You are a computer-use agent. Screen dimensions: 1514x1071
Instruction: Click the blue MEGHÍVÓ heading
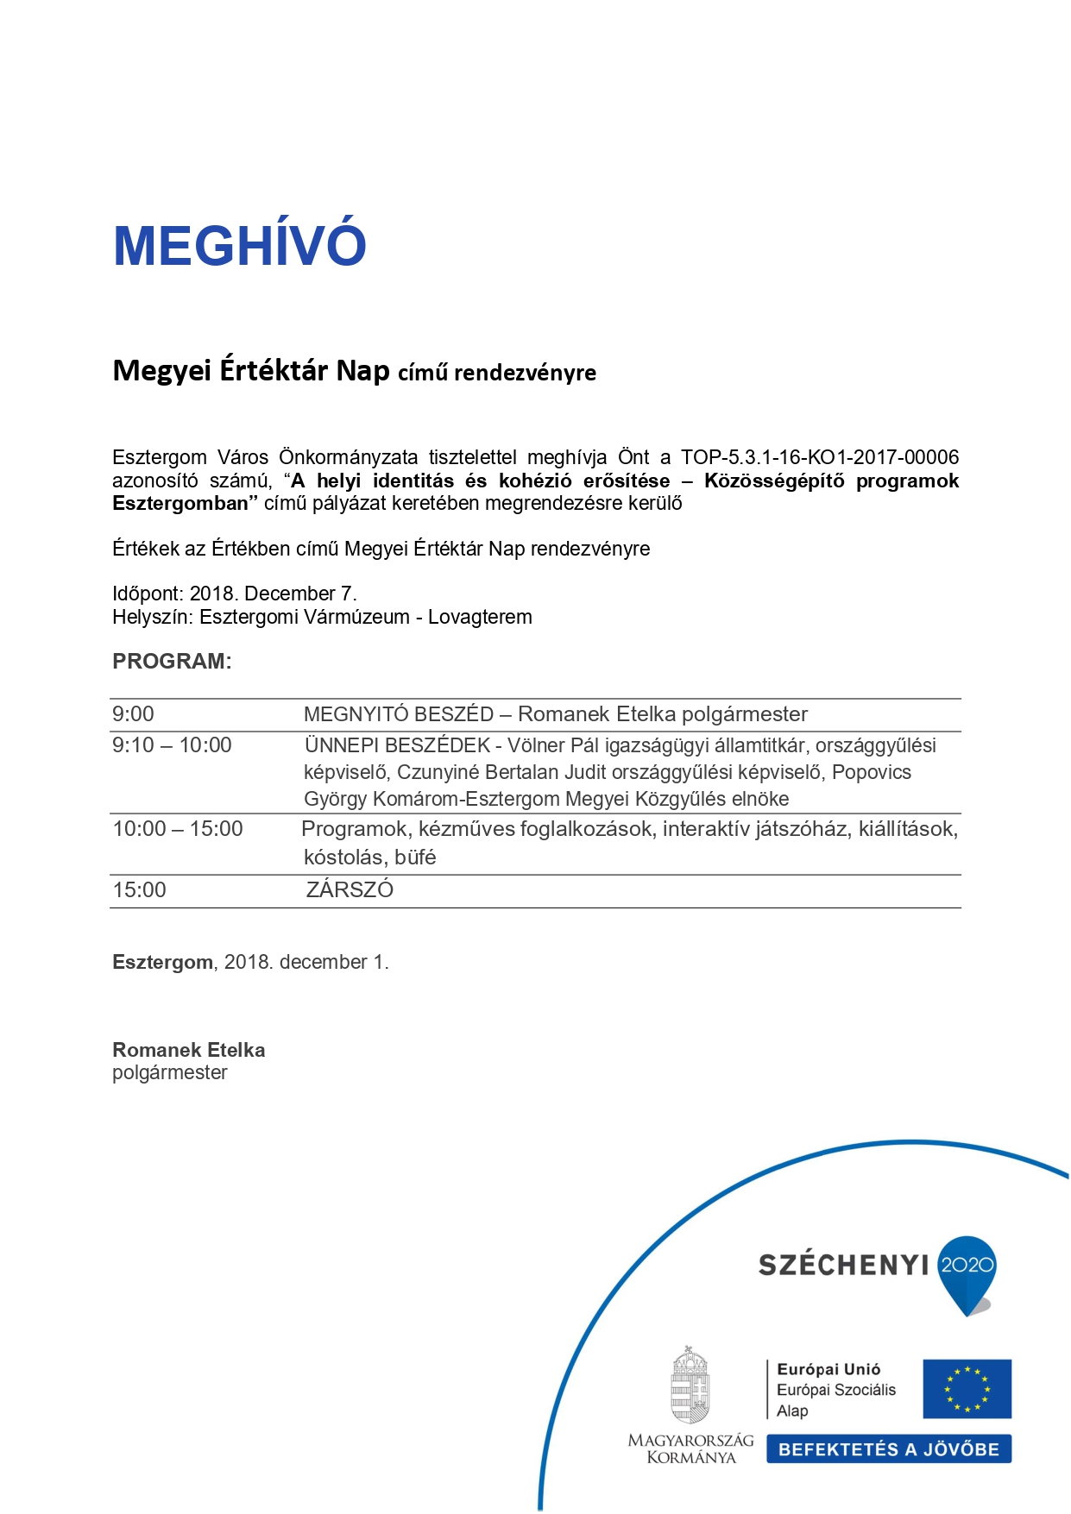[240, 246]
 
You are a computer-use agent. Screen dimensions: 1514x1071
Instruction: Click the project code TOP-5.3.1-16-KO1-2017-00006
[819, 457]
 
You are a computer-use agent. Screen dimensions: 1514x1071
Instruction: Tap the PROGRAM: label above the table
[172, 662]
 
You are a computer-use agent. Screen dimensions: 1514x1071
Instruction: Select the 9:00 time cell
[133, 714]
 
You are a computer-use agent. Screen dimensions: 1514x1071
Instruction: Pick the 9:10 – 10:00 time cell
[172, 745]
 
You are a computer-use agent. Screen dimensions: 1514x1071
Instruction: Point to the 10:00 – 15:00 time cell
[178, 829]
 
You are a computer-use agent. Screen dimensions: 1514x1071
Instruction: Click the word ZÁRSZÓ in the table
[350, 890]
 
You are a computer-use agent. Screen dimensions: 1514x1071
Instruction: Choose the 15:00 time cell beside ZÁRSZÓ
[139, 890]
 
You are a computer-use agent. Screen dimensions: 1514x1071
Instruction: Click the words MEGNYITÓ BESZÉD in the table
[399, 714]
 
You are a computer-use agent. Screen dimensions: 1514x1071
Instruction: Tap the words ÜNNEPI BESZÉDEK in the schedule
[397, 745]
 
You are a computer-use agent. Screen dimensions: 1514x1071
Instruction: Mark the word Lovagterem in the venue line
[480, 618]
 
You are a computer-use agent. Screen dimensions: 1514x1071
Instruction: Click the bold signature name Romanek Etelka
[188, 1050]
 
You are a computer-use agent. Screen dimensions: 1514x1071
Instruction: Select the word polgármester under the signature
[170, 1072]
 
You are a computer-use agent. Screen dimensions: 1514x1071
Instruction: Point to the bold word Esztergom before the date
[162, 963]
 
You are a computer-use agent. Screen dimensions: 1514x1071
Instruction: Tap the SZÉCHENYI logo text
[843, 1266]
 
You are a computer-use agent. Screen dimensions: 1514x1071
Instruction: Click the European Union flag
[967, 1389]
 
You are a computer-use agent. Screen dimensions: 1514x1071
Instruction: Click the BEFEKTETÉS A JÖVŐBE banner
[888, 1449]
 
